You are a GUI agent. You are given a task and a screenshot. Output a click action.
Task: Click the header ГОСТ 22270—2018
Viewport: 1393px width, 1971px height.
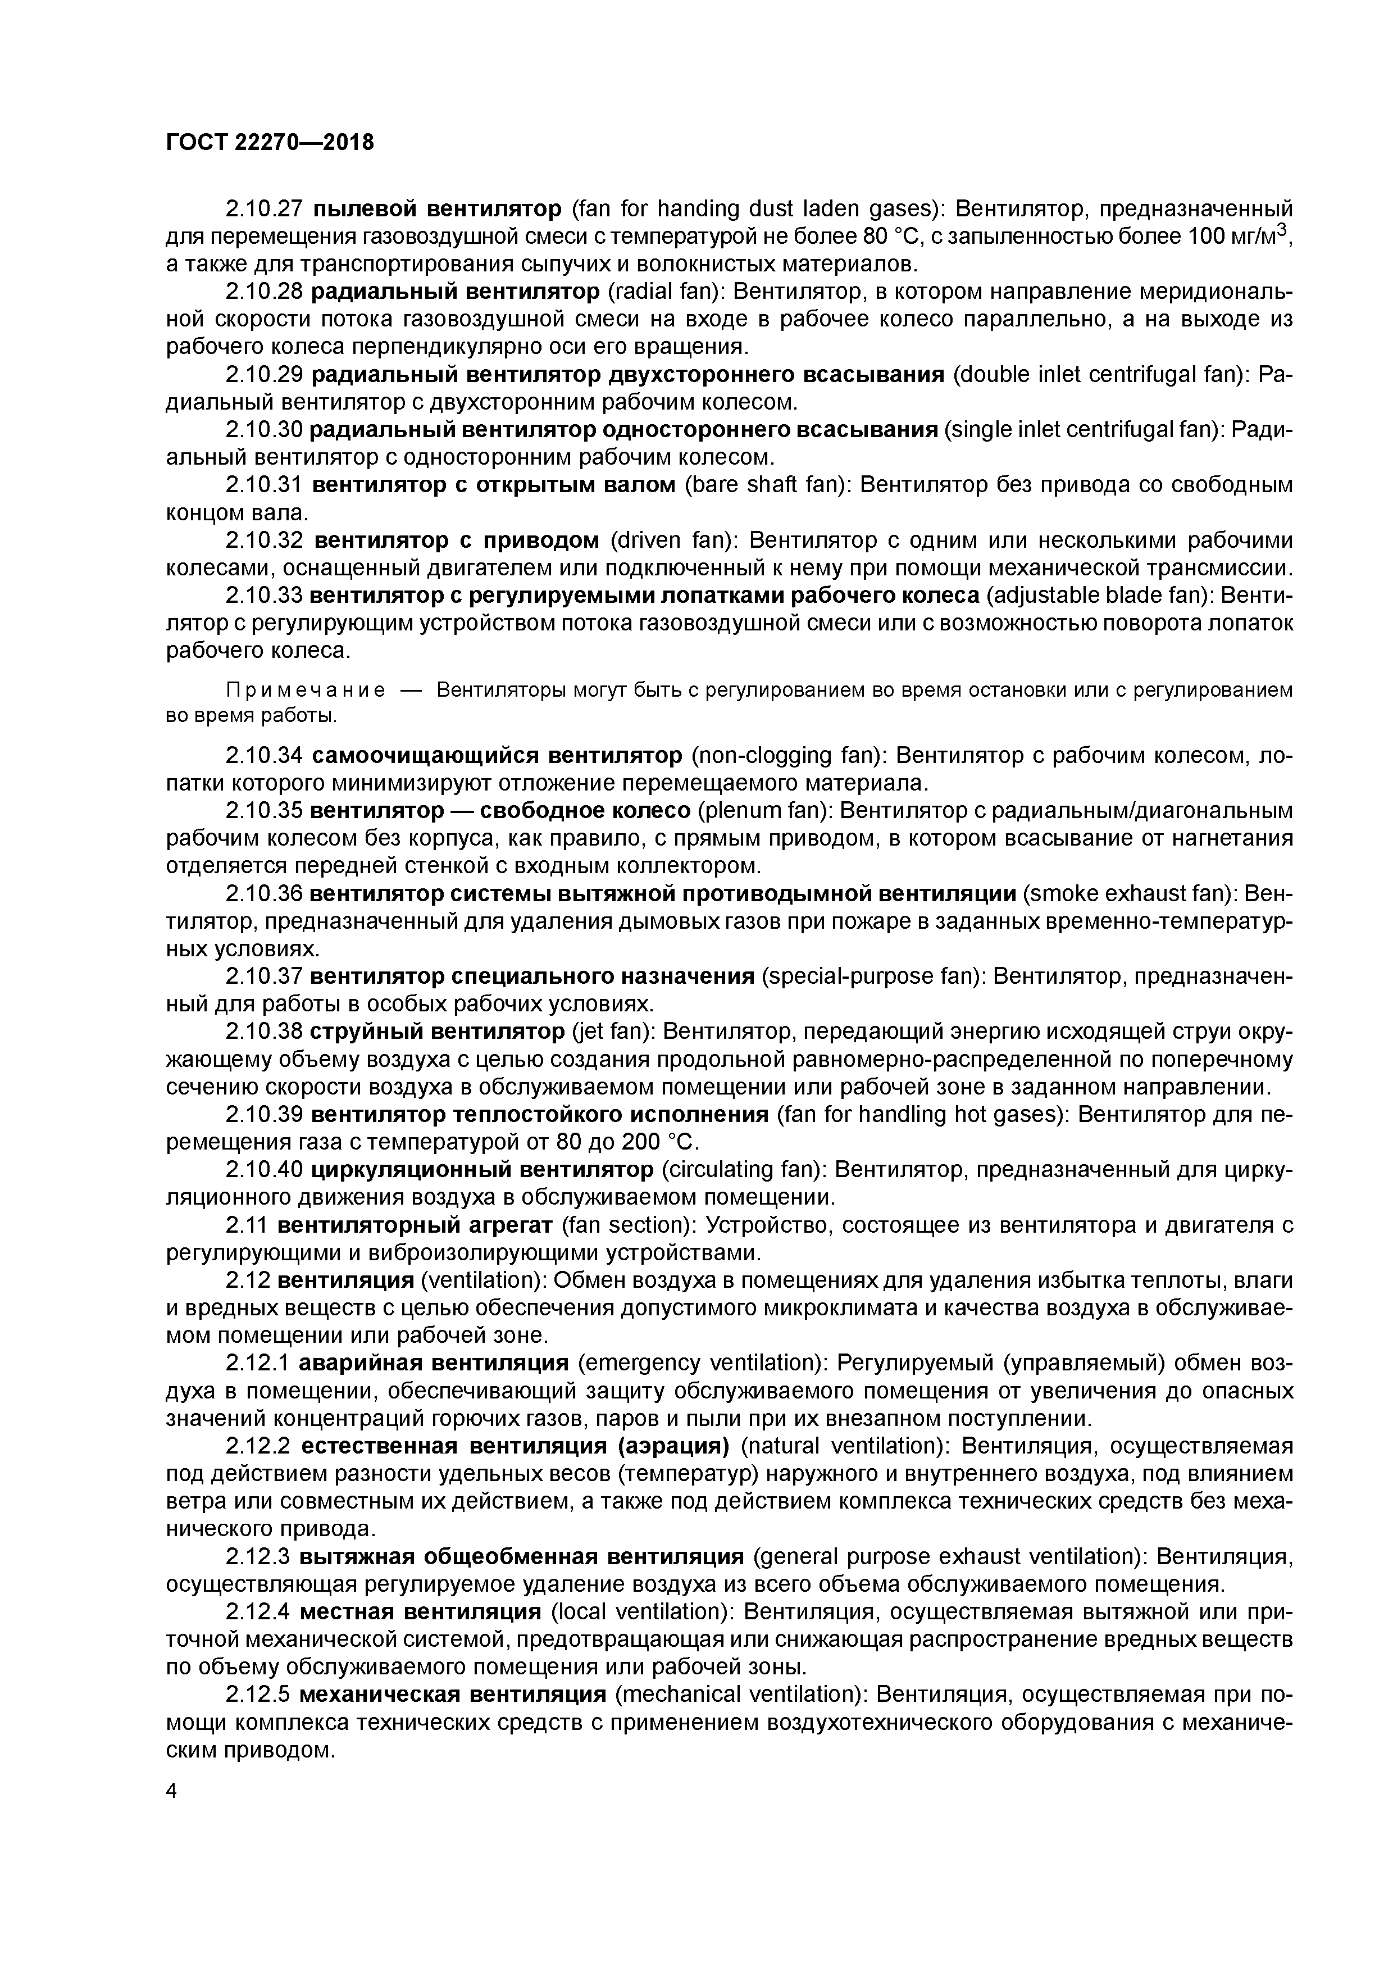click(270, 143)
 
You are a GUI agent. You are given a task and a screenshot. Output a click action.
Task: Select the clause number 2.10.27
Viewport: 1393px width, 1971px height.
click(265, 208)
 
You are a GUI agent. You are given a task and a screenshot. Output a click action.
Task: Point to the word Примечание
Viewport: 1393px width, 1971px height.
click(304, 690)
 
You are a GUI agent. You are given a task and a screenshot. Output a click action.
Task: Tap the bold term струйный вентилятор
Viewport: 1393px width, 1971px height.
click(436, 1033)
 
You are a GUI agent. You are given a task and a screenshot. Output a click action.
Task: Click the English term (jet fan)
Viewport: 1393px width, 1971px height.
click(611, 1033)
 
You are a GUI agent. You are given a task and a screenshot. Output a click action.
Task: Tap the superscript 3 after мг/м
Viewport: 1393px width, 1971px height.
click(1281, 228)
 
